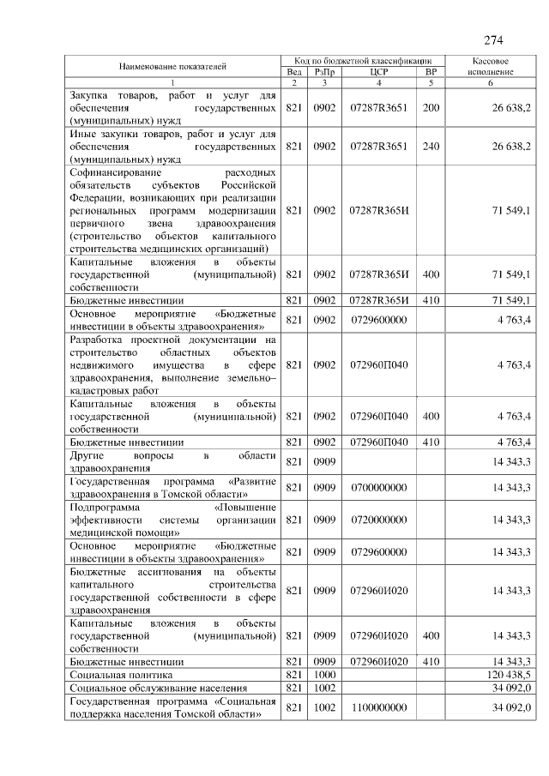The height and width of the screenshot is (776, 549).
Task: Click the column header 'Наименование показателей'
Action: (172, 66)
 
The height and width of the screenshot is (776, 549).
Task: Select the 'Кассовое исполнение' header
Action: (491, 67)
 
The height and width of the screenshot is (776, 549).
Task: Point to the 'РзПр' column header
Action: (323, 72)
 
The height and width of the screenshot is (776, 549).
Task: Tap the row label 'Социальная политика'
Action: (116, 675)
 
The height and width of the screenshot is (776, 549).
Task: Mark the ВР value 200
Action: (431, 107)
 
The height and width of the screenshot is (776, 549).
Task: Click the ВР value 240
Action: (431, 147)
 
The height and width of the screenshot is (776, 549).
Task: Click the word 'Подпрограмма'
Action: (104, 507)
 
